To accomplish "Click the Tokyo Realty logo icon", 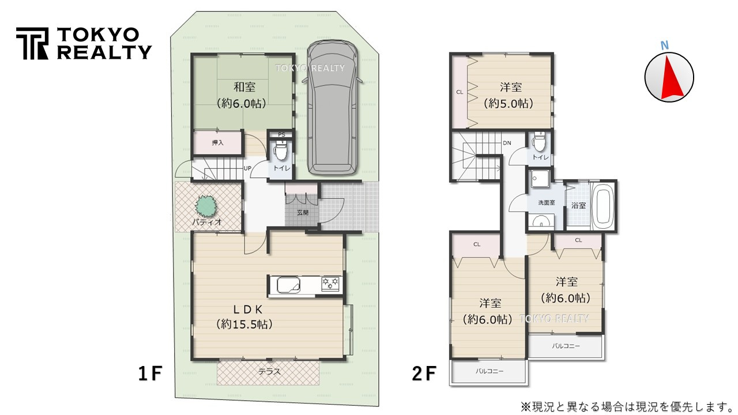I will pyautogui.click(x=32, y=43).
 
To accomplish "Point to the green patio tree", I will pyautogui.click(x=207, y=205).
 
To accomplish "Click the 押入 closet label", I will pyautogui.click(x=218, y=142).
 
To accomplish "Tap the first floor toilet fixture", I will pyautogui.click(x=281, y=153).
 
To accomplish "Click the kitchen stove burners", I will pyautogui.click(x=331, y=283).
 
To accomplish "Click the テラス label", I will pyautogui.click(x=269, y=372).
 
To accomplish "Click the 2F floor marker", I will pyautogui.click(x=424, y=375).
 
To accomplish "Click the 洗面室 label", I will pyautogui.click(x=546, y=203).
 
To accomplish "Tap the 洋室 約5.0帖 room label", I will pyautogui.click(x=511, y=88).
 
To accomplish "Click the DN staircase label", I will pyautogui.click(x=507, y=143).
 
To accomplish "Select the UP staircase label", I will pyautogui.click(x=247, y=168).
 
